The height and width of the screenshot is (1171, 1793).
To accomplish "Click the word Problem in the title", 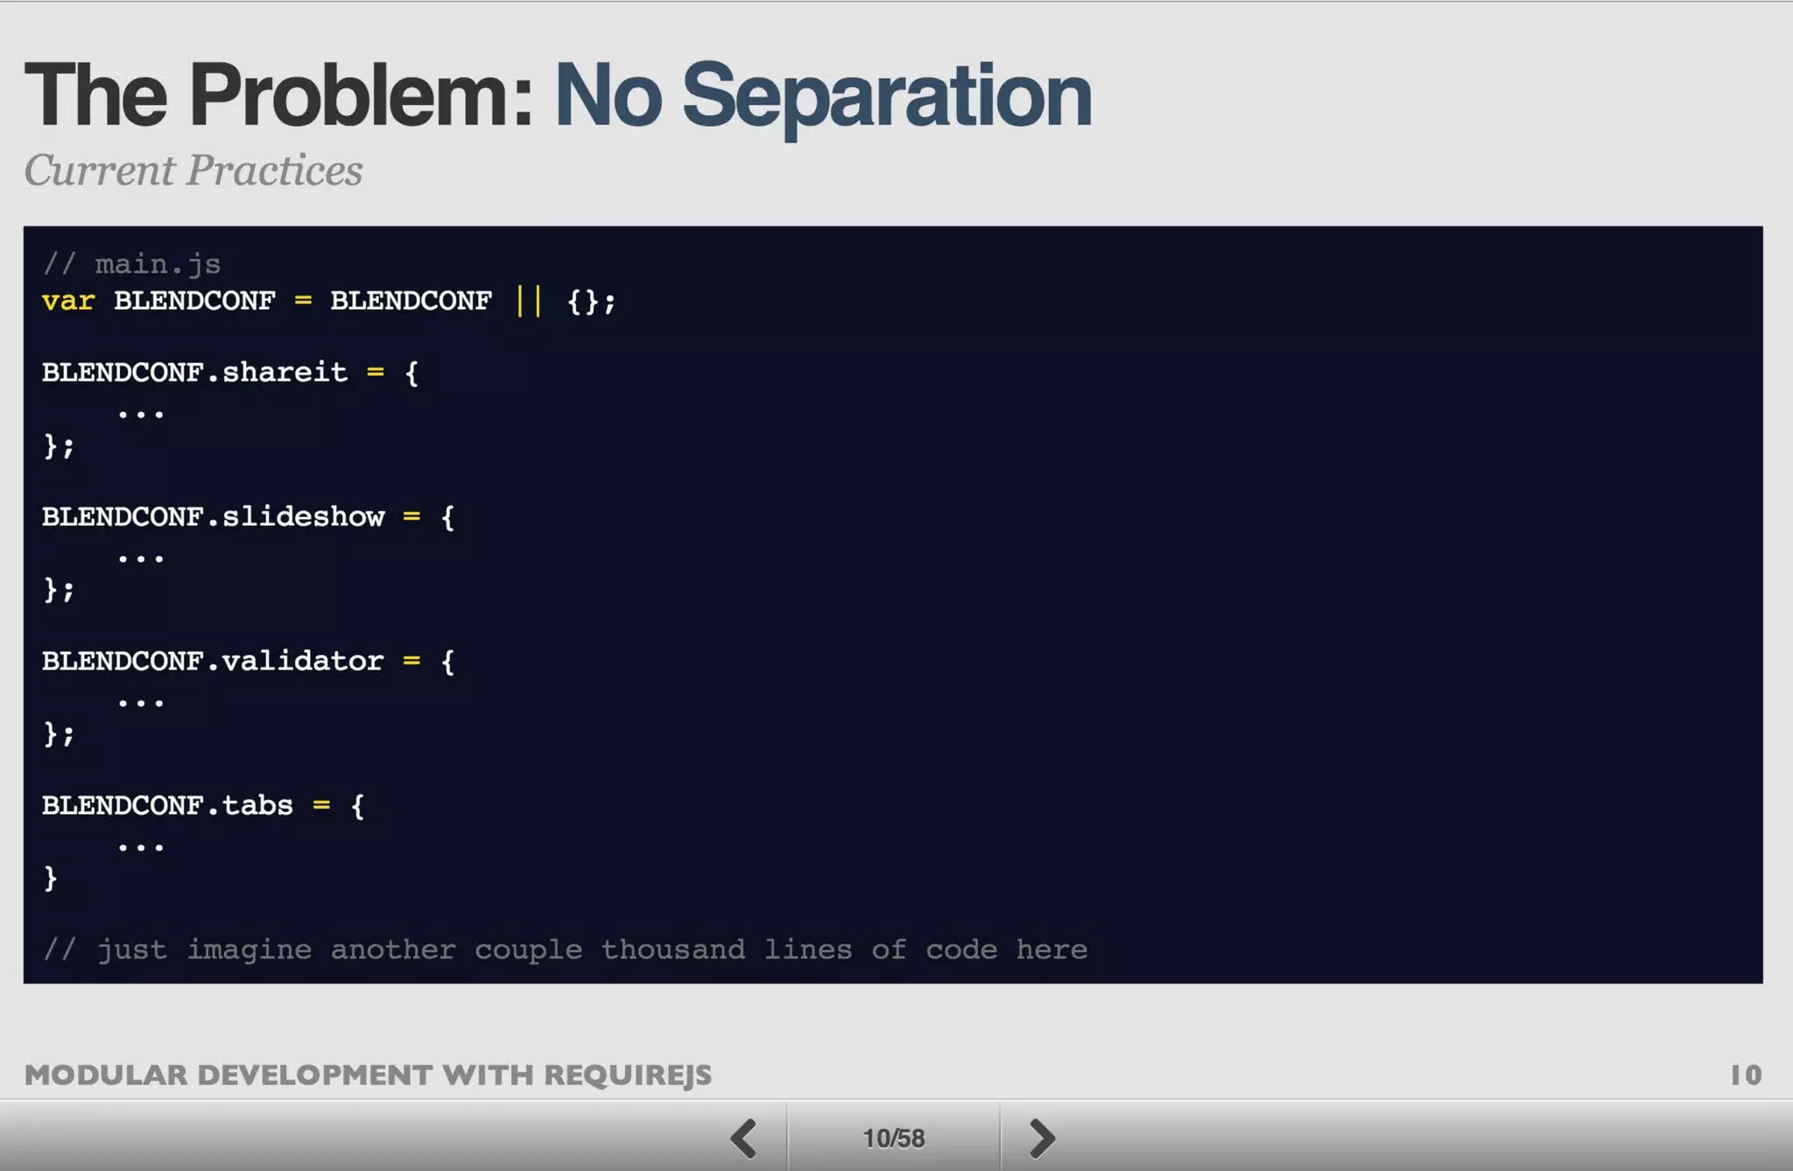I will pos(361,95).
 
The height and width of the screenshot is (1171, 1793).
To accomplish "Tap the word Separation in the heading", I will pos(886,95).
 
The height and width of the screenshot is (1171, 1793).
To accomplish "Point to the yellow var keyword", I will pos(68,301).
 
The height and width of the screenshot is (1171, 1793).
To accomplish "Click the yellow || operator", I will pos(529,301).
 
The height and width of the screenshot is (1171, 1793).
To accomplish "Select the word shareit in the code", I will pos(285,373).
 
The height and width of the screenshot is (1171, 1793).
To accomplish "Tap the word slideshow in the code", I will pos(303,517).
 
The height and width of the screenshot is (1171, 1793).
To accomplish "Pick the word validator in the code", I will pos(303,661).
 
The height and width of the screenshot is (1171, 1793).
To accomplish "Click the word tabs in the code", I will pos(257,805).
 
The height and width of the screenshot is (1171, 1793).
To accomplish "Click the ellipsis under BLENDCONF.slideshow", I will pos(141,557).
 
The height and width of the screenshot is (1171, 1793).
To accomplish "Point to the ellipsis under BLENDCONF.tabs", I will pos(141,846).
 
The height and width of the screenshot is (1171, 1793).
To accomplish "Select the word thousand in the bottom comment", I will pos(672,950).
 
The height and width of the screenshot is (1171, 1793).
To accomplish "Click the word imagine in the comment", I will pos(249,950).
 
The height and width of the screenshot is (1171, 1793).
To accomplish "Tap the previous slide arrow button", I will pos(744,1138).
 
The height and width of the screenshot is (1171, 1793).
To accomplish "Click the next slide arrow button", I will pos(1042,1138).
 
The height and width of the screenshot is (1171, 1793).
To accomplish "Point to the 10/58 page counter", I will pos(893,1138).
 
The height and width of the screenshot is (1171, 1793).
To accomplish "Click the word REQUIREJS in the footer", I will pos(628,1075).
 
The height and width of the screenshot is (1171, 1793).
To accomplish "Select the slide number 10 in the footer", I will pos(1746,1075).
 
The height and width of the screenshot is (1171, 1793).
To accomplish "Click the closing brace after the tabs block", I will pos(51,878).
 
